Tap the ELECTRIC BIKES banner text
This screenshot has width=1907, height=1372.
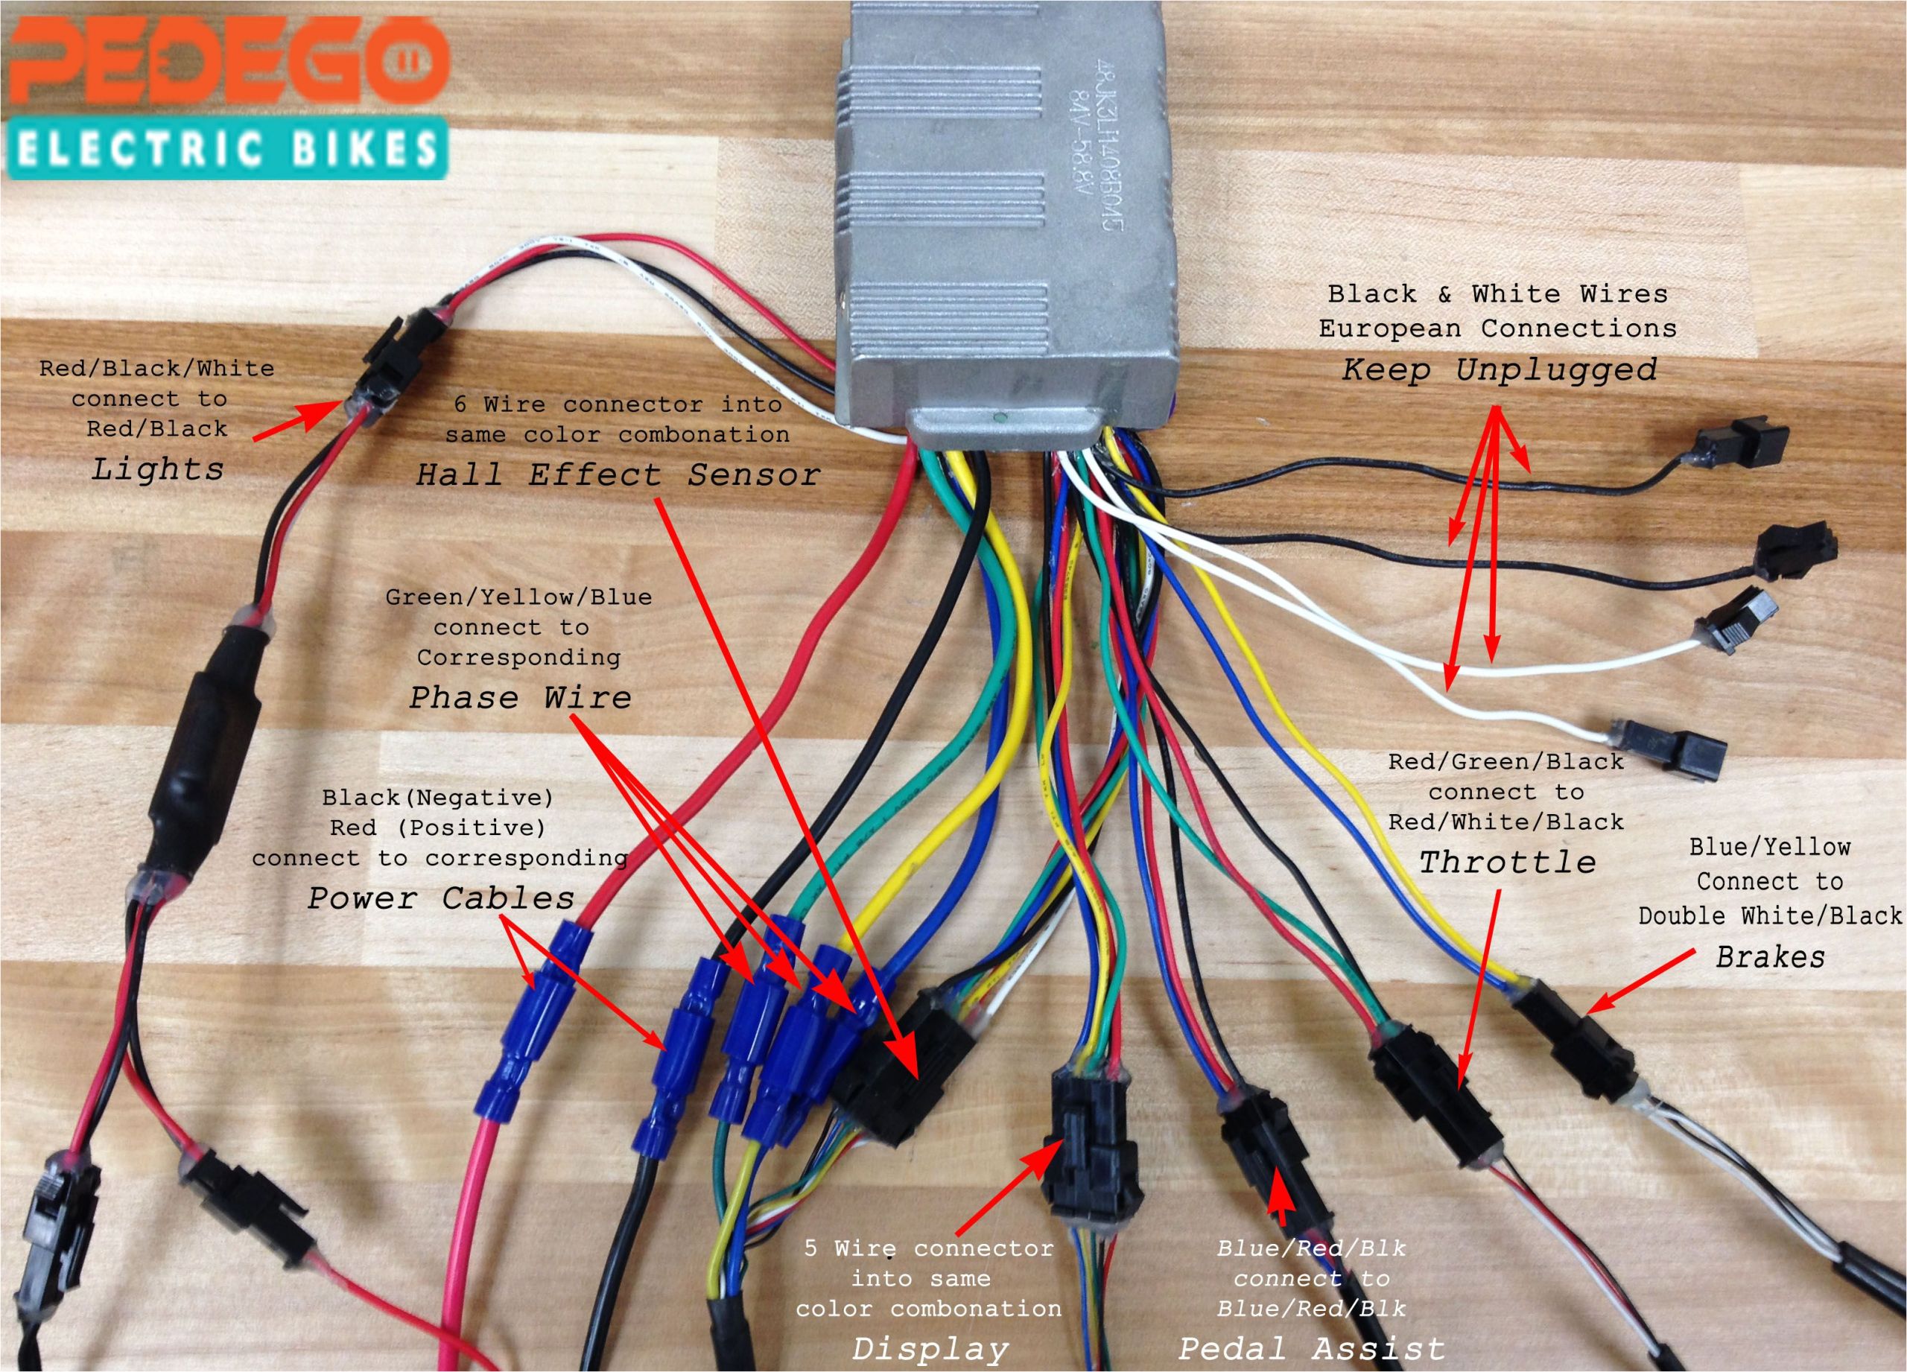pos(226,150)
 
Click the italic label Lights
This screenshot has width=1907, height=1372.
pos(157,469)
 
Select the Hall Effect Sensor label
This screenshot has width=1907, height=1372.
pos(618,476)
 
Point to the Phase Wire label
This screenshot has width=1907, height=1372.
pos(521,698)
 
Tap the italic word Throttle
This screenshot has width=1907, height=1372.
pos(1508,863)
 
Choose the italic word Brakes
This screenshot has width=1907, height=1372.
pos(1770,956)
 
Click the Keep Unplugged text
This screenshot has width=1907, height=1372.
pos(1500,370)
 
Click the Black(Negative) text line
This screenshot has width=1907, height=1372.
pos(437,796)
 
